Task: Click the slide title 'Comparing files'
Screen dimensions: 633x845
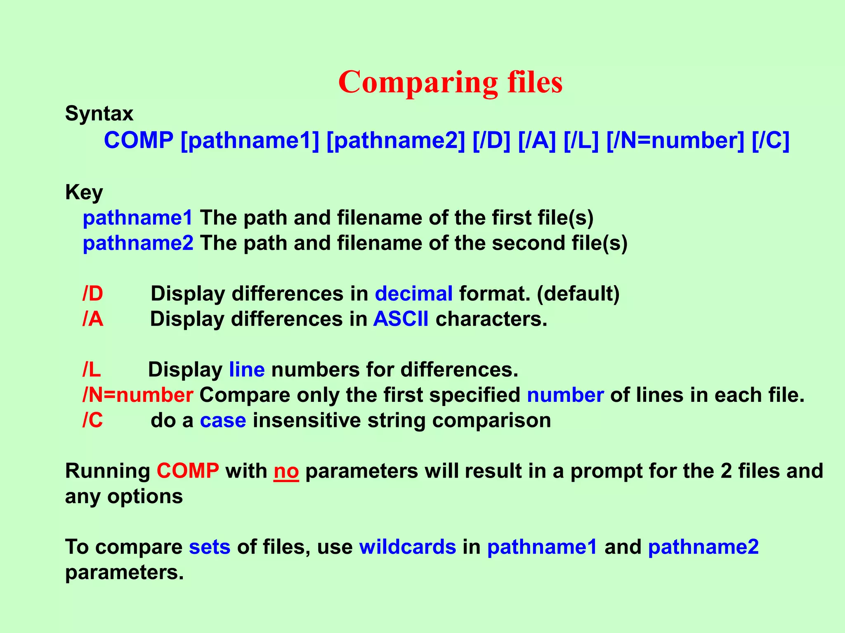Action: pyautogui.click(x=450, y=82)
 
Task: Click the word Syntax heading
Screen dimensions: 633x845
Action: pyautogui.click(x=99, y=113)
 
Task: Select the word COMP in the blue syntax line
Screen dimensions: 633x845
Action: pyautogui.click(x=139, y=141)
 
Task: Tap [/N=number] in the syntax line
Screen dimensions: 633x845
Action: pyautogui.click(x=675, y=141)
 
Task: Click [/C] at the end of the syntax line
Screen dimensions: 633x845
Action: pyautogui.click(x=770, y=141)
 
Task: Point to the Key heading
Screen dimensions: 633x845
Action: pyautogui.click(x=84, y=192)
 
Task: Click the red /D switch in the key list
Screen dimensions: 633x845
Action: pyautogui.click(x=93, y=294)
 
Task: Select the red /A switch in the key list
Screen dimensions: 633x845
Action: pyautogui.click(x=93, y=319)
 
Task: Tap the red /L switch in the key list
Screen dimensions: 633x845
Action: pyautogui.click(x=92, y=370)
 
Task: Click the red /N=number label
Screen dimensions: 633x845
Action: pyautogui.click(x=138, y=395)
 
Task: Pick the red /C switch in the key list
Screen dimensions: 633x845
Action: pyautogui.click(x=93, y=420)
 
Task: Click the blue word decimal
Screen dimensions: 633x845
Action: pyautogui.click(x=414, y=294)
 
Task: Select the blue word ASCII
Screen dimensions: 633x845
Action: pyautogui.click(x=401, y=319)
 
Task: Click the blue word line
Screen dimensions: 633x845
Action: pyautogui.click(x=247, y=370)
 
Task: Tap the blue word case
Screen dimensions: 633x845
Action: pyautogui.click(x=223, y=420)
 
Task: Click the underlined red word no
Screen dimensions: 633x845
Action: pyautogui.click(x=286, y=471)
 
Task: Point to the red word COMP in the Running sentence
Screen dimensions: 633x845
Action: pyautogui.click(x=188, y=471)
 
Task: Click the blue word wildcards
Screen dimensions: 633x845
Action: pyautogui.click(x=408, y=547)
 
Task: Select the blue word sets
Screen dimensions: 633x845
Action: pyautogui.click(x=210, y=547)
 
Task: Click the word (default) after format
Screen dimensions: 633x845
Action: pyautogui.click(x=578, y=294)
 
